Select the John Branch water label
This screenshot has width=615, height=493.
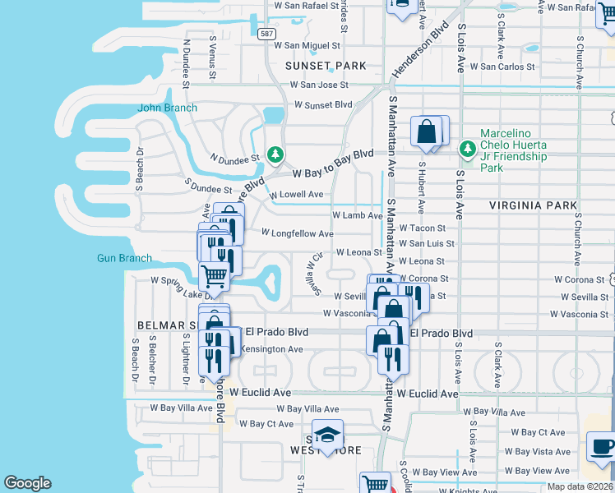(168, 108)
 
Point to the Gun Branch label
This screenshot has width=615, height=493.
(124, 258)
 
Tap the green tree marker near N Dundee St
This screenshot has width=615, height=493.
(275, 154)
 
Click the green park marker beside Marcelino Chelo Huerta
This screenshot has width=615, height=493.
(468, 149)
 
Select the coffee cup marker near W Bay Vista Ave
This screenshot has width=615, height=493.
(603, 447)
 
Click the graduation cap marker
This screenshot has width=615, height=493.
(327, 435)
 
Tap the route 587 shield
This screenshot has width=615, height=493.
(266, 34)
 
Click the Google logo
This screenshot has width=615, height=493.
(27, 483)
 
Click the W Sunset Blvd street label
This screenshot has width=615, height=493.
(317, 105)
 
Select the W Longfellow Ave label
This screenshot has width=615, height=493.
(297, 233)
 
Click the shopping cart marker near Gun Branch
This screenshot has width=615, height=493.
(214, 277)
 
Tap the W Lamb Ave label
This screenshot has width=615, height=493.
(357, 215)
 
